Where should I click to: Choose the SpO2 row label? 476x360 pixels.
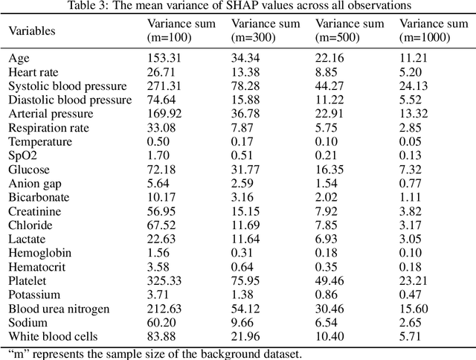(22, 155)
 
